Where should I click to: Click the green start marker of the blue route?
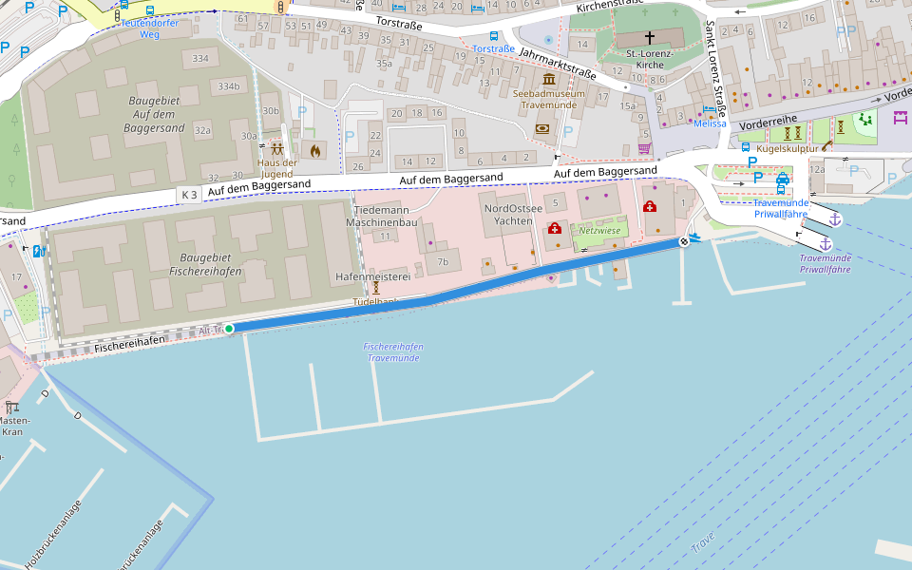(229, 329)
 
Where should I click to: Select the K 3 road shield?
(188, 195)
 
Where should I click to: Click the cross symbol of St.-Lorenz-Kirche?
(650, 38)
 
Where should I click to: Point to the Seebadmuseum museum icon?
(549, 79)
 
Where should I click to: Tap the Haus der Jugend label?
(276, 168)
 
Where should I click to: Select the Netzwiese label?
(599, 230)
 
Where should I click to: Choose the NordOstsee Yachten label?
(513, 215)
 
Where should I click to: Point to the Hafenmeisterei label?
(372, 276)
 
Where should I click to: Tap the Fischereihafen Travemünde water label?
(393, 352)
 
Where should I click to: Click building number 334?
(199, 59)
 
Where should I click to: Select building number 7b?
(442, 261)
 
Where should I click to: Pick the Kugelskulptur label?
(787, 148)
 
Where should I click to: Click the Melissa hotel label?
(710, 123)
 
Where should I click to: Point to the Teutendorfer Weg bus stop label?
(150, 28)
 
